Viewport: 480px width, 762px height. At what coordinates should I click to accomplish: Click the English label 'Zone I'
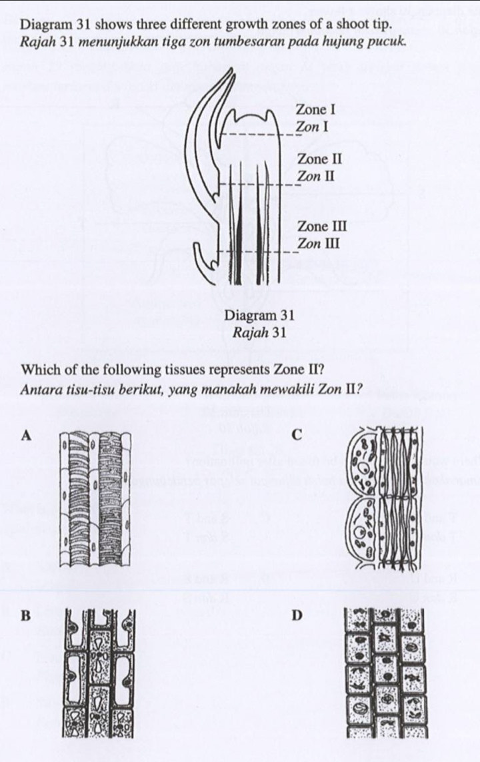point(315,109)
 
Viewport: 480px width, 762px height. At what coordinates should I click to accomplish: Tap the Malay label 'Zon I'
point(311,126)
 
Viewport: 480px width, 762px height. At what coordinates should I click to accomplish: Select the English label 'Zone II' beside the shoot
point(319,159)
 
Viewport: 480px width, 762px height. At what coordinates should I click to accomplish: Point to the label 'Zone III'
point(322,226)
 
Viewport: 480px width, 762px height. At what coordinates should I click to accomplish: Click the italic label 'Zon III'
point(319,243)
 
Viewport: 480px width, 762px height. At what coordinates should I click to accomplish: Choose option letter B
point(26,615)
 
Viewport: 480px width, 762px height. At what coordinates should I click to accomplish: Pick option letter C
point(297,435)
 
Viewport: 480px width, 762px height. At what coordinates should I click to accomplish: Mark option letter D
point(297,615)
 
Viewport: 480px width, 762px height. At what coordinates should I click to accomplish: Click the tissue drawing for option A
point(94,501)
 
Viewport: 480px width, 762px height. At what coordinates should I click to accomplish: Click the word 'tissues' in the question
point(159,370)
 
